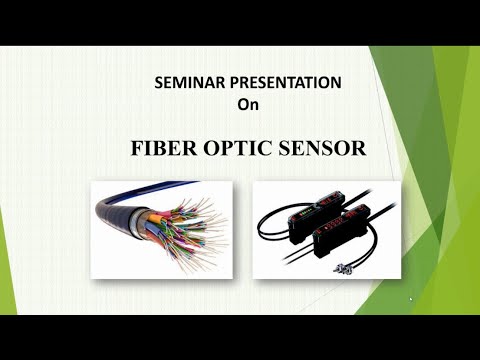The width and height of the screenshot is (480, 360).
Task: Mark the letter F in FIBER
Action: [138, 148]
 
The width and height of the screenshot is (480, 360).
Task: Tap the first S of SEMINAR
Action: [158, 85]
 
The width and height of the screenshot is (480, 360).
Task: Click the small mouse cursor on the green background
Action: [410, 298]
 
